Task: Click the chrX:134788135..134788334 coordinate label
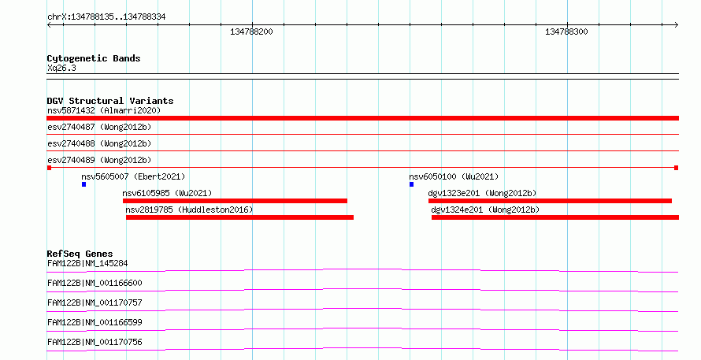pyautogui.click(x=106, y=17)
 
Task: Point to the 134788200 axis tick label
pyautogui.click(x=251, y=32)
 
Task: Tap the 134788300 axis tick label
pyautogui.click(x=566, y=32)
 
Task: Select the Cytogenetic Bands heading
pyautogui.click(x=94, y=58)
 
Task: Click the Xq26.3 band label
pyautogui.click(x=61, y=68)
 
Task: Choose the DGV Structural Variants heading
pyautogui.click(x=110, y=101)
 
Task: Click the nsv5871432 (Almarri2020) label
pyautogui.click(x=104, y=110)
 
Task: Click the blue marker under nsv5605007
pyautogui.click(x=83, y=184)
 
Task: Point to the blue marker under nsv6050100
pyautogui.click(x=411, y=184)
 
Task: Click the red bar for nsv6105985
pyautogui.click(x=235, y=201)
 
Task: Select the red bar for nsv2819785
pyautogui.click(x=239, y=217)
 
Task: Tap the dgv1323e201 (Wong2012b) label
pyautogui.click(x=482, y=193)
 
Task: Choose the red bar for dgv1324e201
pyautogui.click(x=555, y=217)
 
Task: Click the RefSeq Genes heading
pyautogui.click(x=80, y=254)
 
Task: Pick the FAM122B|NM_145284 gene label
pyautogui.click(x=87, y=263)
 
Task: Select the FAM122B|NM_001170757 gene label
pyautogui.click(x=95, y=302)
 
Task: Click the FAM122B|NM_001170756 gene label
pyautogui.click(x=95, y=342)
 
